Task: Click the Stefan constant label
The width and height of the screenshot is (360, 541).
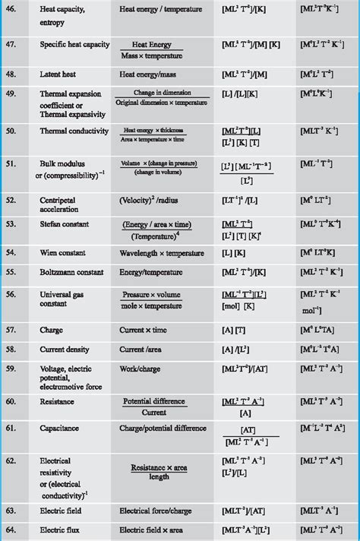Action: pyautogui.click(x=65, y=224)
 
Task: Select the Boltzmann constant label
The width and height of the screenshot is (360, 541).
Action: pyautogui.click(x=71, y=270)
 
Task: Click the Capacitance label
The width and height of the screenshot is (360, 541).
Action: pyautogui.click(x=59, y=428)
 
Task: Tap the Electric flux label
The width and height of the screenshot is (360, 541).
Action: pyautogui.click(x=60, y=530)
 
